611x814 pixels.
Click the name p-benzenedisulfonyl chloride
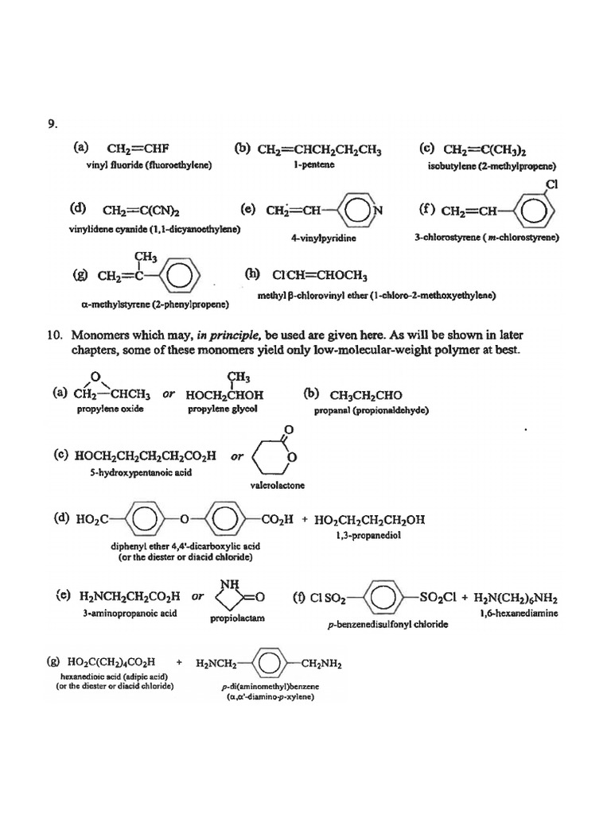point(387,625)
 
